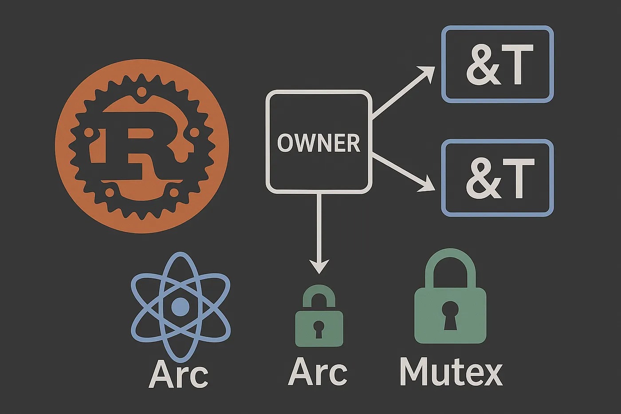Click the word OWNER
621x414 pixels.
point(318,143)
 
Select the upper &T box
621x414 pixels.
point(497,64)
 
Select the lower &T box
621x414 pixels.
point(497,178)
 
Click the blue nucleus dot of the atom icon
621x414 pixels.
point(180,307)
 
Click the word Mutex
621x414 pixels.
point(451,372)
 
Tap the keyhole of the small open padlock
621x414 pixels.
point(318,329)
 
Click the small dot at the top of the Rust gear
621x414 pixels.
point(141,92)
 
